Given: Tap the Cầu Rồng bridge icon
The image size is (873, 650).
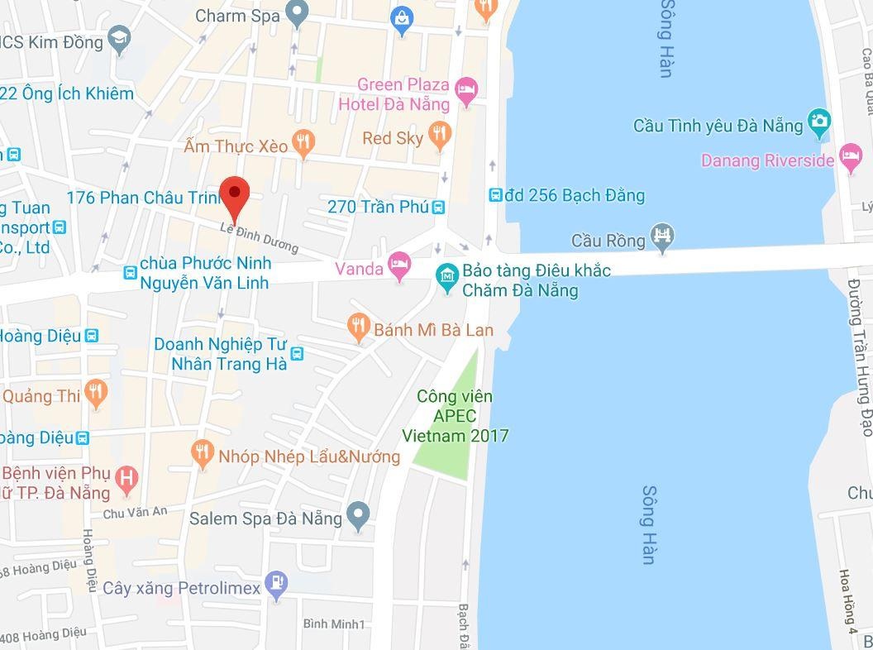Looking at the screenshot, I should click(662, 238).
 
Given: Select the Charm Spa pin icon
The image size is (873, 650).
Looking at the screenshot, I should click(297, 12).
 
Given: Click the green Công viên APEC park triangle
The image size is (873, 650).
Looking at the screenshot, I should click(451, 430).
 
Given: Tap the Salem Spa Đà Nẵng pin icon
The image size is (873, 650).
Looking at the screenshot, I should click(358, 516).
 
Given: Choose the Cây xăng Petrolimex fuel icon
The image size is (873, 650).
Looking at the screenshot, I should click(277, 585).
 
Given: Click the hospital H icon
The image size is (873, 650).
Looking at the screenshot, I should click(126, 478).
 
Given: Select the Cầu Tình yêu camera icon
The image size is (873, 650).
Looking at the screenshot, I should click(818, 122).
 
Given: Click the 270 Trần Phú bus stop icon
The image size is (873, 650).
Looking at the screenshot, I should click(439, 207).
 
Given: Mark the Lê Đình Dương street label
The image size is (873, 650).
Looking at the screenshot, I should click(260, 237).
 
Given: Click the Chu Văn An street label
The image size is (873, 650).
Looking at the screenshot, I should click(135, 513).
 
